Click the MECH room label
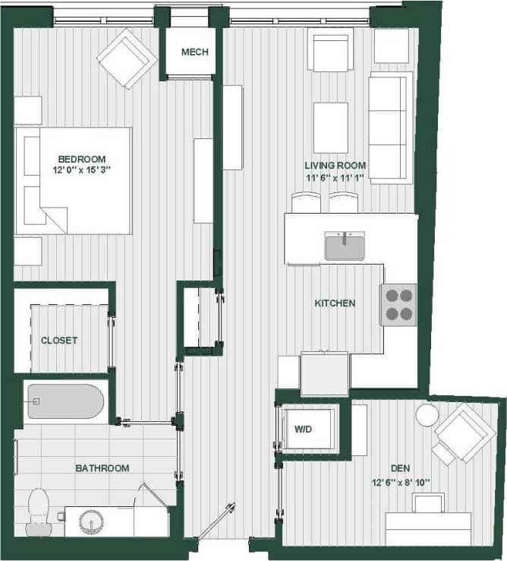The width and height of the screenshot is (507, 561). [194, 52]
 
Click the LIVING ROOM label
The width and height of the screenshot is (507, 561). [335, 166]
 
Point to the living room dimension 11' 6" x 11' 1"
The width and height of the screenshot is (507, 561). [335, 178]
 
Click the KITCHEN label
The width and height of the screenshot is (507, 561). [335, 303]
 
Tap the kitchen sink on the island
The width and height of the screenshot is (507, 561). [345, 246]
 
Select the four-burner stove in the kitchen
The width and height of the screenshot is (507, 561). [398, 305]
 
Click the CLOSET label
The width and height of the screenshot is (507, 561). [59, 341]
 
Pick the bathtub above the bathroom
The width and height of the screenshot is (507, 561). [65, 402]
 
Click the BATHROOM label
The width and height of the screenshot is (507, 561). [102, 468]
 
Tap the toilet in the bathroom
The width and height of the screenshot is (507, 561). [38, 511]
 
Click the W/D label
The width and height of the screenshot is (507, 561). [302, 429]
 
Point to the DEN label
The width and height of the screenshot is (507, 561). [401, 469]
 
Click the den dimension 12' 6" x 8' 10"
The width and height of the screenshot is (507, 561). [401, 482]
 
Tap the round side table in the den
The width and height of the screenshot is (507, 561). [427, 415]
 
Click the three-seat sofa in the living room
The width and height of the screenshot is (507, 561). [390, 127]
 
